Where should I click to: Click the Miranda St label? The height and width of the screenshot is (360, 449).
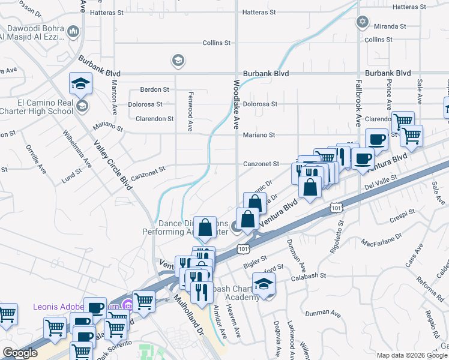[x=391, y=27]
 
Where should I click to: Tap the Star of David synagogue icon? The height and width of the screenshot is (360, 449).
[x=362, y=23]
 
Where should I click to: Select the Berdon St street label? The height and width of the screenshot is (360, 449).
[x=154, y=89]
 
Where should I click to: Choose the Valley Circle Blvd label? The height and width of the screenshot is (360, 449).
[x=113, y=163]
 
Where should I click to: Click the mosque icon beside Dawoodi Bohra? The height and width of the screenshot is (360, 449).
[x=73, y=31]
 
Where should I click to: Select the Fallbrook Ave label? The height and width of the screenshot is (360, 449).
[x=358, y=103]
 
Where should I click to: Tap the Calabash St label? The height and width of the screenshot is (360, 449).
[x=310, y=277]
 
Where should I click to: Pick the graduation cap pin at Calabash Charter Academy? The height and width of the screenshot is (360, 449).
[x=264, y=284]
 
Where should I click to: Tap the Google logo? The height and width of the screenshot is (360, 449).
[x=20, y=353]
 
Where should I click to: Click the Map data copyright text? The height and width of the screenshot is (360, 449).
[x=411, y=355]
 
